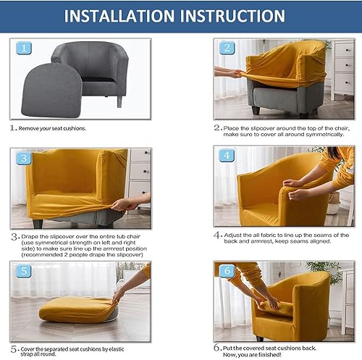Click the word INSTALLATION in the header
[x=119, y=16]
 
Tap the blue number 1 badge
[x=24, y=48]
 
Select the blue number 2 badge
[x=227, y=48]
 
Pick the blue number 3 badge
[x=24, y=158]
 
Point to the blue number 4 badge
[x=227, y=155]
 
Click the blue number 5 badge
[x=24, y=271]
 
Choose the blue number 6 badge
[x=227, y=270]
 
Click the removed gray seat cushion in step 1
[x=51, y=91]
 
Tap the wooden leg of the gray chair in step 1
[x=119, y=101]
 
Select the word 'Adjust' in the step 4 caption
[x=232, y=235]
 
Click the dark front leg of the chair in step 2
[x=256, y=110]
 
